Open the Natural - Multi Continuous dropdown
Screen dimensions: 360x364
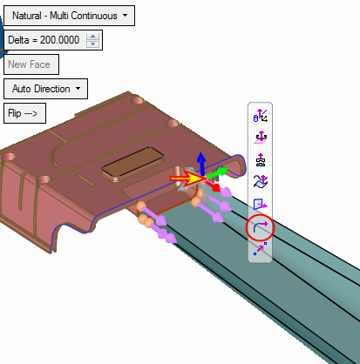point(69,16)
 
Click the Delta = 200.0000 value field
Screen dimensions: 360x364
point(44,40)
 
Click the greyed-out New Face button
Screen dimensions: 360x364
point(31,64)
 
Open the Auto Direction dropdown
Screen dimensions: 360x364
point(45,89)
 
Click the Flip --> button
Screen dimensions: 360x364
point(24,113)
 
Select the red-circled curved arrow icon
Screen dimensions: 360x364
point(260,227)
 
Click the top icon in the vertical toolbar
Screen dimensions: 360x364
point(261,116)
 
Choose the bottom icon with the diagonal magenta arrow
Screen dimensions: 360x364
point(260,249)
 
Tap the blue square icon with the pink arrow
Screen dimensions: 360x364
point(261,205)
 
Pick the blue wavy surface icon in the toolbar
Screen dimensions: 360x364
point(261,182)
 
